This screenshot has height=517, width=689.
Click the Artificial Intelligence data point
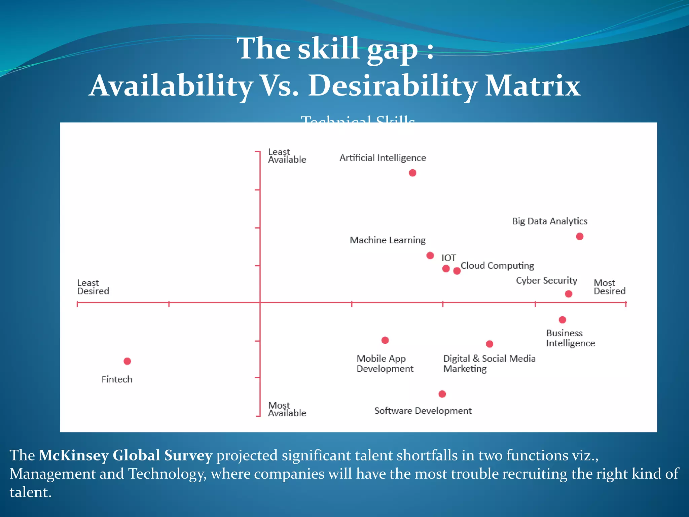412,173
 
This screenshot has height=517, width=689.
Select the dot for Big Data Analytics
580,237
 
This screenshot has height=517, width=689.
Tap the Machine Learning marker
430,256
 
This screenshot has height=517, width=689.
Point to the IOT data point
446,269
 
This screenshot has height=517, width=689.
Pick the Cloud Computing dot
457,271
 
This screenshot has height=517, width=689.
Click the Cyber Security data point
569,294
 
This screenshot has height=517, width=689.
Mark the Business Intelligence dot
563,320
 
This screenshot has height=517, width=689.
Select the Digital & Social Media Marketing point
489,344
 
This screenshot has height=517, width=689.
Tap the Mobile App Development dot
385,340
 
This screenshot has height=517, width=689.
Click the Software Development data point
442,394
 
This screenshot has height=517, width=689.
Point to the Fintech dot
127,361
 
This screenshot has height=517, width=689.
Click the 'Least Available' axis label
287,156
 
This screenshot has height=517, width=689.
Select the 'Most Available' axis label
287,409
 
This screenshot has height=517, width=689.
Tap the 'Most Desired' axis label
609,287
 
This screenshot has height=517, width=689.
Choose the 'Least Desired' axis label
93,287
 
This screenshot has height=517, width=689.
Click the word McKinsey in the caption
73,456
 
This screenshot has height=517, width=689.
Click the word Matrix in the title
533,86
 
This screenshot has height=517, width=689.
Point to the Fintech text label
117,380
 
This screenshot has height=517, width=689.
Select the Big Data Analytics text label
549,221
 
